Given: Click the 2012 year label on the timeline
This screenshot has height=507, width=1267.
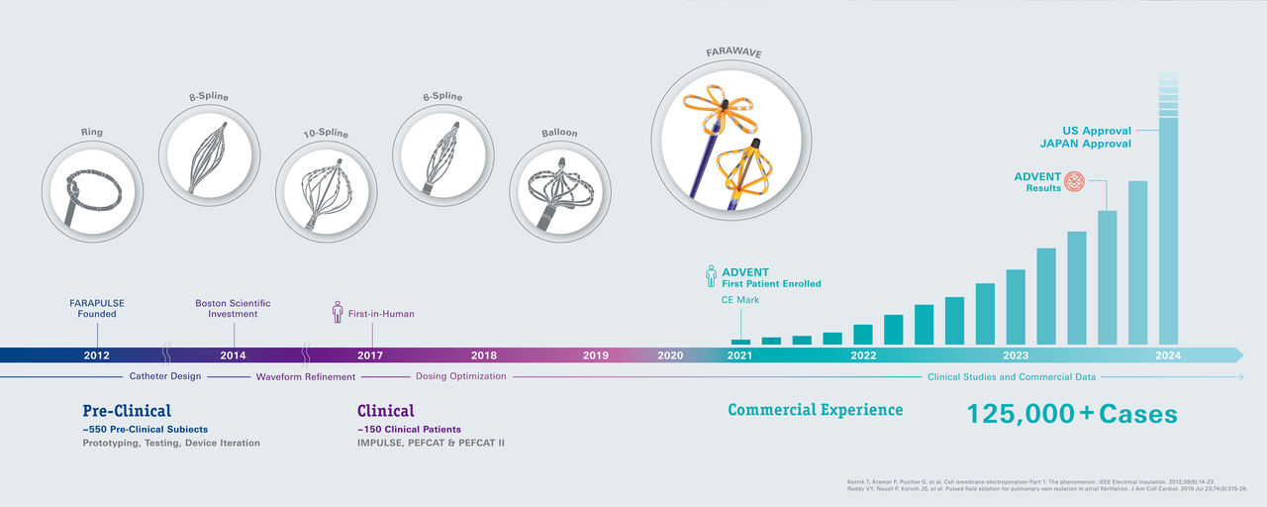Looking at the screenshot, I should point(97,355).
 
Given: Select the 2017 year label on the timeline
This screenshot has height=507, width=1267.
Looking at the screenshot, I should point(370,355).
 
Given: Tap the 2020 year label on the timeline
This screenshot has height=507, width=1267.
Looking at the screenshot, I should point(670,355).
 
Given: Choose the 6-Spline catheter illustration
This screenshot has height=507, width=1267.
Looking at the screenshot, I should point(442,154).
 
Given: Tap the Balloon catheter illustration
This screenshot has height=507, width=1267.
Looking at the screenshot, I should point(558,192).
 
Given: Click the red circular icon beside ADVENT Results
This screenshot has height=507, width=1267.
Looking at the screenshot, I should point(1074,181).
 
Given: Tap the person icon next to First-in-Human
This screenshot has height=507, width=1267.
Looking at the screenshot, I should point(337,312).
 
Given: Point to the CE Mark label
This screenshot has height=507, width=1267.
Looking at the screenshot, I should point(739,299).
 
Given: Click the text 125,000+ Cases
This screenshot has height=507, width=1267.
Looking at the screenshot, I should point(1072,413).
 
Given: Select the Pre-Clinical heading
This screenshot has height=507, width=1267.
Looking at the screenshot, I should point(127,410).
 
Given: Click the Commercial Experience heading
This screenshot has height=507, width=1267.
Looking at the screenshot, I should point(815,410).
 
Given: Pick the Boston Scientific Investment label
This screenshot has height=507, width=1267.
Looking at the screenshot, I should point(233,308).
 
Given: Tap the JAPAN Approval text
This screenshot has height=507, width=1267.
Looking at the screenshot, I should point(1085,144).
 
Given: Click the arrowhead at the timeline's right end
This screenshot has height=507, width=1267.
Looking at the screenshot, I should point(1236,355).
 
